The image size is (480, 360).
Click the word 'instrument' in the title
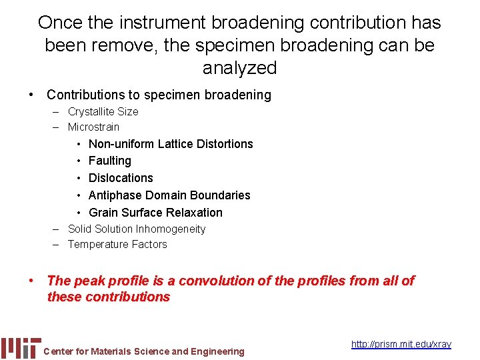165,23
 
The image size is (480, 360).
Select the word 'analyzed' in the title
239,67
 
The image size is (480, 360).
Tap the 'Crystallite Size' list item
103,111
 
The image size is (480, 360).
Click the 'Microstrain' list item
93,127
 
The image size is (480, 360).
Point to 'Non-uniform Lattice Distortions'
171,143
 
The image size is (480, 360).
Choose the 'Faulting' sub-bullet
109,161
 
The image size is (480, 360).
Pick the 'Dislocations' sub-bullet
121,178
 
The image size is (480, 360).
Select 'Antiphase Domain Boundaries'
169,195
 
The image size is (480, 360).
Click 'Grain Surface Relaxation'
155,213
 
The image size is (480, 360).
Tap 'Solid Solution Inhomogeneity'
137,229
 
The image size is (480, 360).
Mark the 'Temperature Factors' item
117,244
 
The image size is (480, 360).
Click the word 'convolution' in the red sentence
215,281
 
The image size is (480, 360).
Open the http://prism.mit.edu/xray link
401,344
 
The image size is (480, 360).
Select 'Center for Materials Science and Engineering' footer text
143,351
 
